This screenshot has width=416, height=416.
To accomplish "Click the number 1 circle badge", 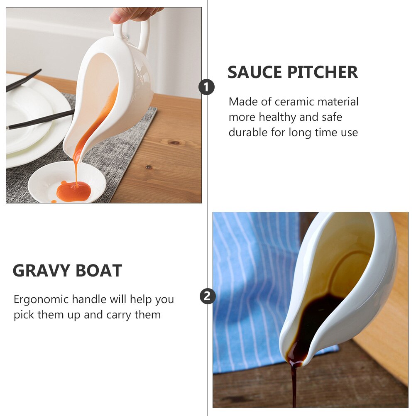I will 207,87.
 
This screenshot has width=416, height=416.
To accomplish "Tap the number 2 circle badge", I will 208,296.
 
